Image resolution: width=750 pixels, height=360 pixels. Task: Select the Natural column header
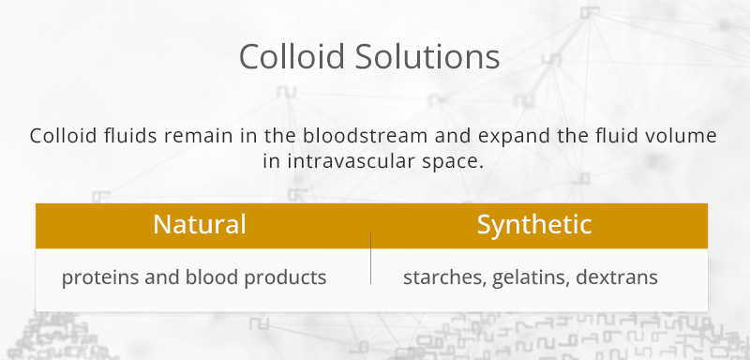[200, 225]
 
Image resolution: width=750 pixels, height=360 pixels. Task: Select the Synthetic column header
[534, 225]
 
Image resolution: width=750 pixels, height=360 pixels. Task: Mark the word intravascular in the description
[348, 160]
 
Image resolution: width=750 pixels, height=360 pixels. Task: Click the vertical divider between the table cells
[371, 260]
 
